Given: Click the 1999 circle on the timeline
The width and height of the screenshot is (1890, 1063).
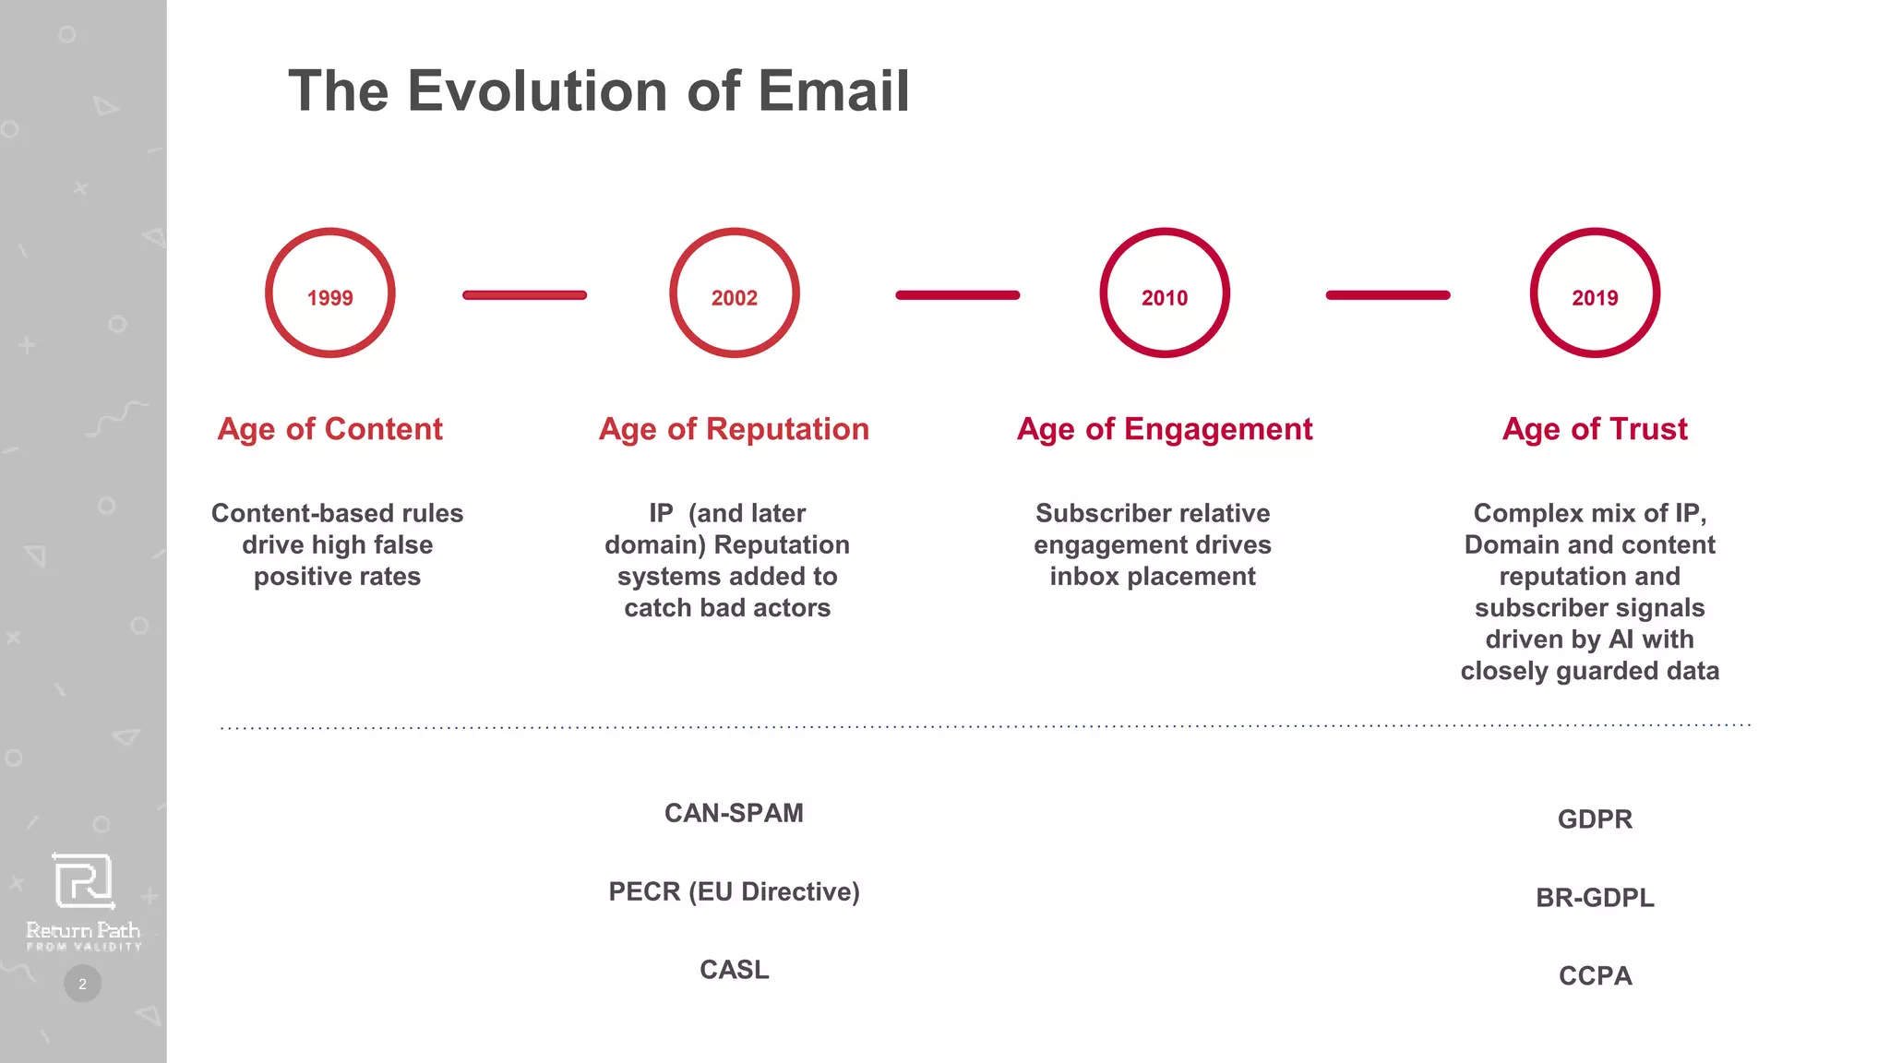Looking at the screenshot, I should coord(330,293).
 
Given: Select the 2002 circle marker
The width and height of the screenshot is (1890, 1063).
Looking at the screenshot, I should coord(735,293).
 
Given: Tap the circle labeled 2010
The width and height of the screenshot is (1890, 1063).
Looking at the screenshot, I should coord(1165,293).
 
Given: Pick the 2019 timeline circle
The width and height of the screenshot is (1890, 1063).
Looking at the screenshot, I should coord(1595,293).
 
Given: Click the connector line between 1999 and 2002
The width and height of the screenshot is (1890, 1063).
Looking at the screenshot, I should coord(524,295).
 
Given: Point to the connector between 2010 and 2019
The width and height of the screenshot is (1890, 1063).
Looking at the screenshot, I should coord(1388,295).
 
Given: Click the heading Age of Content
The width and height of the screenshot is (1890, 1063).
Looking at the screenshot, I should coord(329,429).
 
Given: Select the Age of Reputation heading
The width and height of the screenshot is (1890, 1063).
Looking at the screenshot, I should coord(734,429).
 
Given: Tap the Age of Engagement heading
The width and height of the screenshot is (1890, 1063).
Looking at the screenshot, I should coord(1165,429).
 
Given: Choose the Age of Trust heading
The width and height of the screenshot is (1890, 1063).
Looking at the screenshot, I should coord(1595,429).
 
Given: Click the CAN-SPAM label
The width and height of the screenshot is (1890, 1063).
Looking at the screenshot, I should coord(734,813).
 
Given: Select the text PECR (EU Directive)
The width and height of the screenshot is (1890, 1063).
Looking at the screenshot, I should coord(734,891).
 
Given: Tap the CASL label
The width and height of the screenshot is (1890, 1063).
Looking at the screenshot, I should coord(734,970).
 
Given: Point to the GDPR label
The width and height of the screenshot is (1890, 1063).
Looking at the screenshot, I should coord(1595,819).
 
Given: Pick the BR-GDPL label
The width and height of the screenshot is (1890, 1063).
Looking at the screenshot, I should coord(1595,898).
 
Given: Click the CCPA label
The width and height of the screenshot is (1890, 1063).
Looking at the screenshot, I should coord(1595,976).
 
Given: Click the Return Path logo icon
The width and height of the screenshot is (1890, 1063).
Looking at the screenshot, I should coord(83,881).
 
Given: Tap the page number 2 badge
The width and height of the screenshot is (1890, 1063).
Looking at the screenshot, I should coord(82,984).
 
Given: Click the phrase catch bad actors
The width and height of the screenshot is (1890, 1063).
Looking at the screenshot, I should coord(727,608).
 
